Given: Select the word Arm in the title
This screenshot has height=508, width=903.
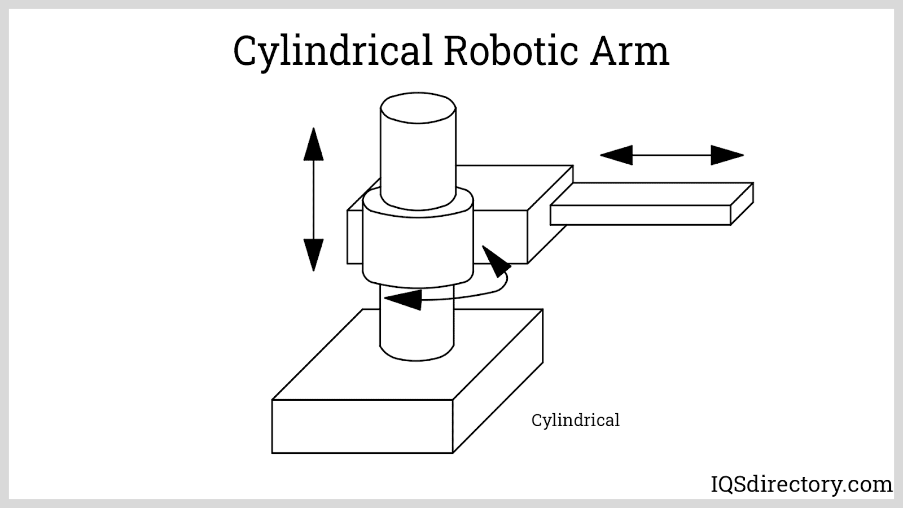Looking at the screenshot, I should coord(630,51).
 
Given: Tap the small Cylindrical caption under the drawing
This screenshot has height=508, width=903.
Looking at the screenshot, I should coord(575,421).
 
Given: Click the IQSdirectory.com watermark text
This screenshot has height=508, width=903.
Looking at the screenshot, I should coord(801,484).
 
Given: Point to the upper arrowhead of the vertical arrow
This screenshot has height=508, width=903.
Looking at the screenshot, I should coord(313,145).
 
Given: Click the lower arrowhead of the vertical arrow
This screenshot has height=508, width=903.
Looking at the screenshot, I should coord(313,254).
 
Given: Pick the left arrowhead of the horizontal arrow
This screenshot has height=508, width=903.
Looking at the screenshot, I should coord(616,155).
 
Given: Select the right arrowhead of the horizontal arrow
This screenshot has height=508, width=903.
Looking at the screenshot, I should coord(727,155).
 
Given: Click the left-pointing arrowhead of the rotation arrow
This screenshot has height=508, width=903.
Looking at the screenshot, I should coord(403,299).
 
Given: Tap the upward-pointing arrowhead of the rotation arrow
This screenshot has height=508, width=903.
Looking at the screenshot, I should coord(496,261).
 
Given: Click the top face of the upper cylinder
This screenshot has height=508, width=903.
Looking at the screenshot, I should coord(418,108).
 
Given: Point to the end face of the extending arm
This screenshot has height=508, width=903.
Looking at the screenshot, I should coord(742,204).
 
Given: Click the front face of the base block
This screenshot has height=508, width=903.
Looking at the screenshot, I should coord(362,426).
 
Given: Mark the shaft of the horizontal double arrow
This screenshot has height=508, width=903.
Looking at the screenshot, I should coord(672,155).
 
